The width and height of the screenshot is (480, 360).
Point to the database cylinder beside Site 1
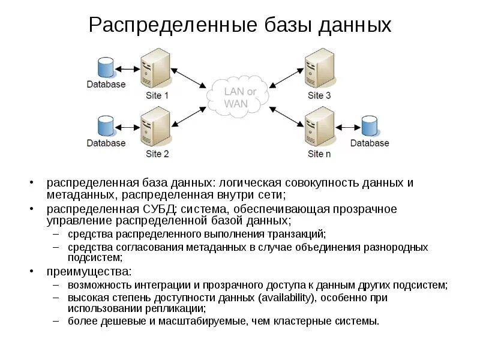105,67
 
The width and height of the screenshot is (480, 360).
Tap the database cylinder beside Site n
370,126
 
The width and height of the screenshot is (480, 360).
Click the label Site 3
319,95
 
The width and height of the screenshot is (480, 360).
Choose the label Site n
319,154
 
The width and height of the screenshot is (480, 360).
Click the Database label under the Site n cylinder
370,143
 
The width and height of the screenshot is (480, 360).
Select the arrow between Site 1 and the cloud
188,79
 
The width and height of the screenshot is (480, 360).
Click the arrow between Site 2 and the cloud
188,114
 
